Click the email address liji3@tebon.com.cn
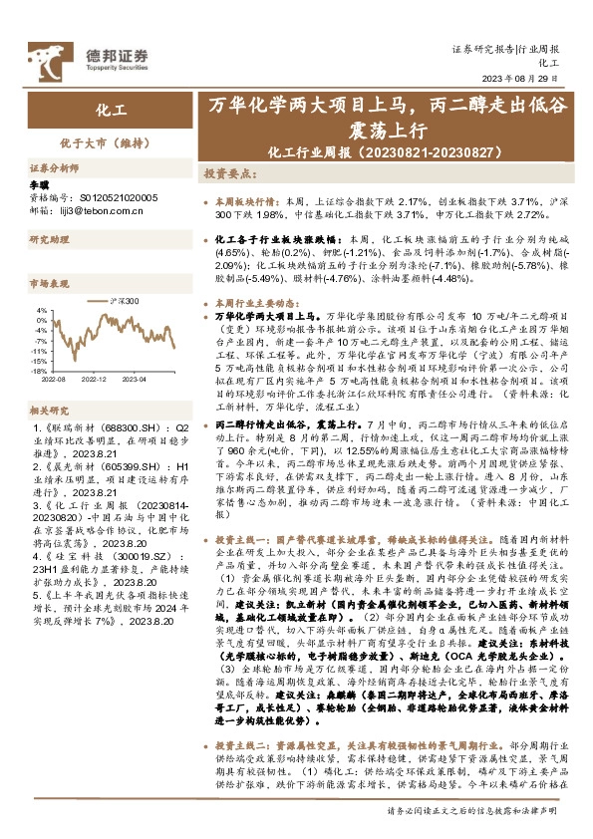(x=105, y=209)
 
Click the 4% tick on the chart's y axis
(x=42, y=310)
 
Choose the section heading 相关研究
(x=47, y=410)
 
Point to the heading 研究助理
(x=47, y=240)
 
